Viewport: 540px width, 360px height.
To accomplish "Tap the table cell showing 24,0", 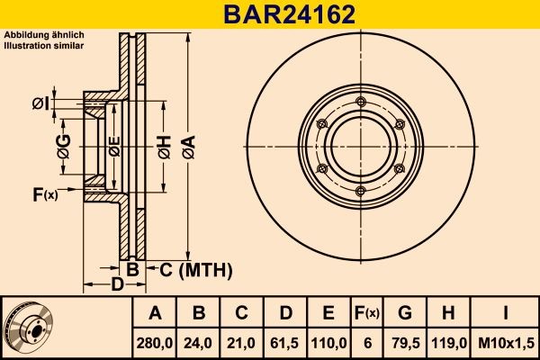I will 199,341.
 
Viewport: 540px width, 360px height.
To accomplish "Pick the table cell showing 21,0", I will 241,341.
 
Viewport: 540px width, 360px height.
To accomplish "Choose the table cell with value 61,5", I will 284,341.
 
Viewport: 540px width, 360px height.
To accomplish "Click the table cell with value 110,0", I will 328,341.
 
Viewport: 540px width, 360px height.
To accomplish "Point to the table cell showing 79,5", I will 405,341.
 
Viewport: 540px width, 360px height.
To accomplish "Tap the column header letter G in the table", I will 405,313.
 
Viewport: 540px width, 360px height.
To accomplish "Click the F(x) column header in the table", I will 367,313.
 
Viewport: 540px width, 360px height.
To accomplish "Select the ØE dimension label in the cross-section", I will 114,148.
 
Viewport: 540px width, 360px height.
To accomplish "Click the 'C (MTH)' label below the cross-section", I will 196,269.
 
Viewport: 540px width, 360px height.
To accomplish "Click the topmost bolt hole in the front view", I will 358,100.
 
